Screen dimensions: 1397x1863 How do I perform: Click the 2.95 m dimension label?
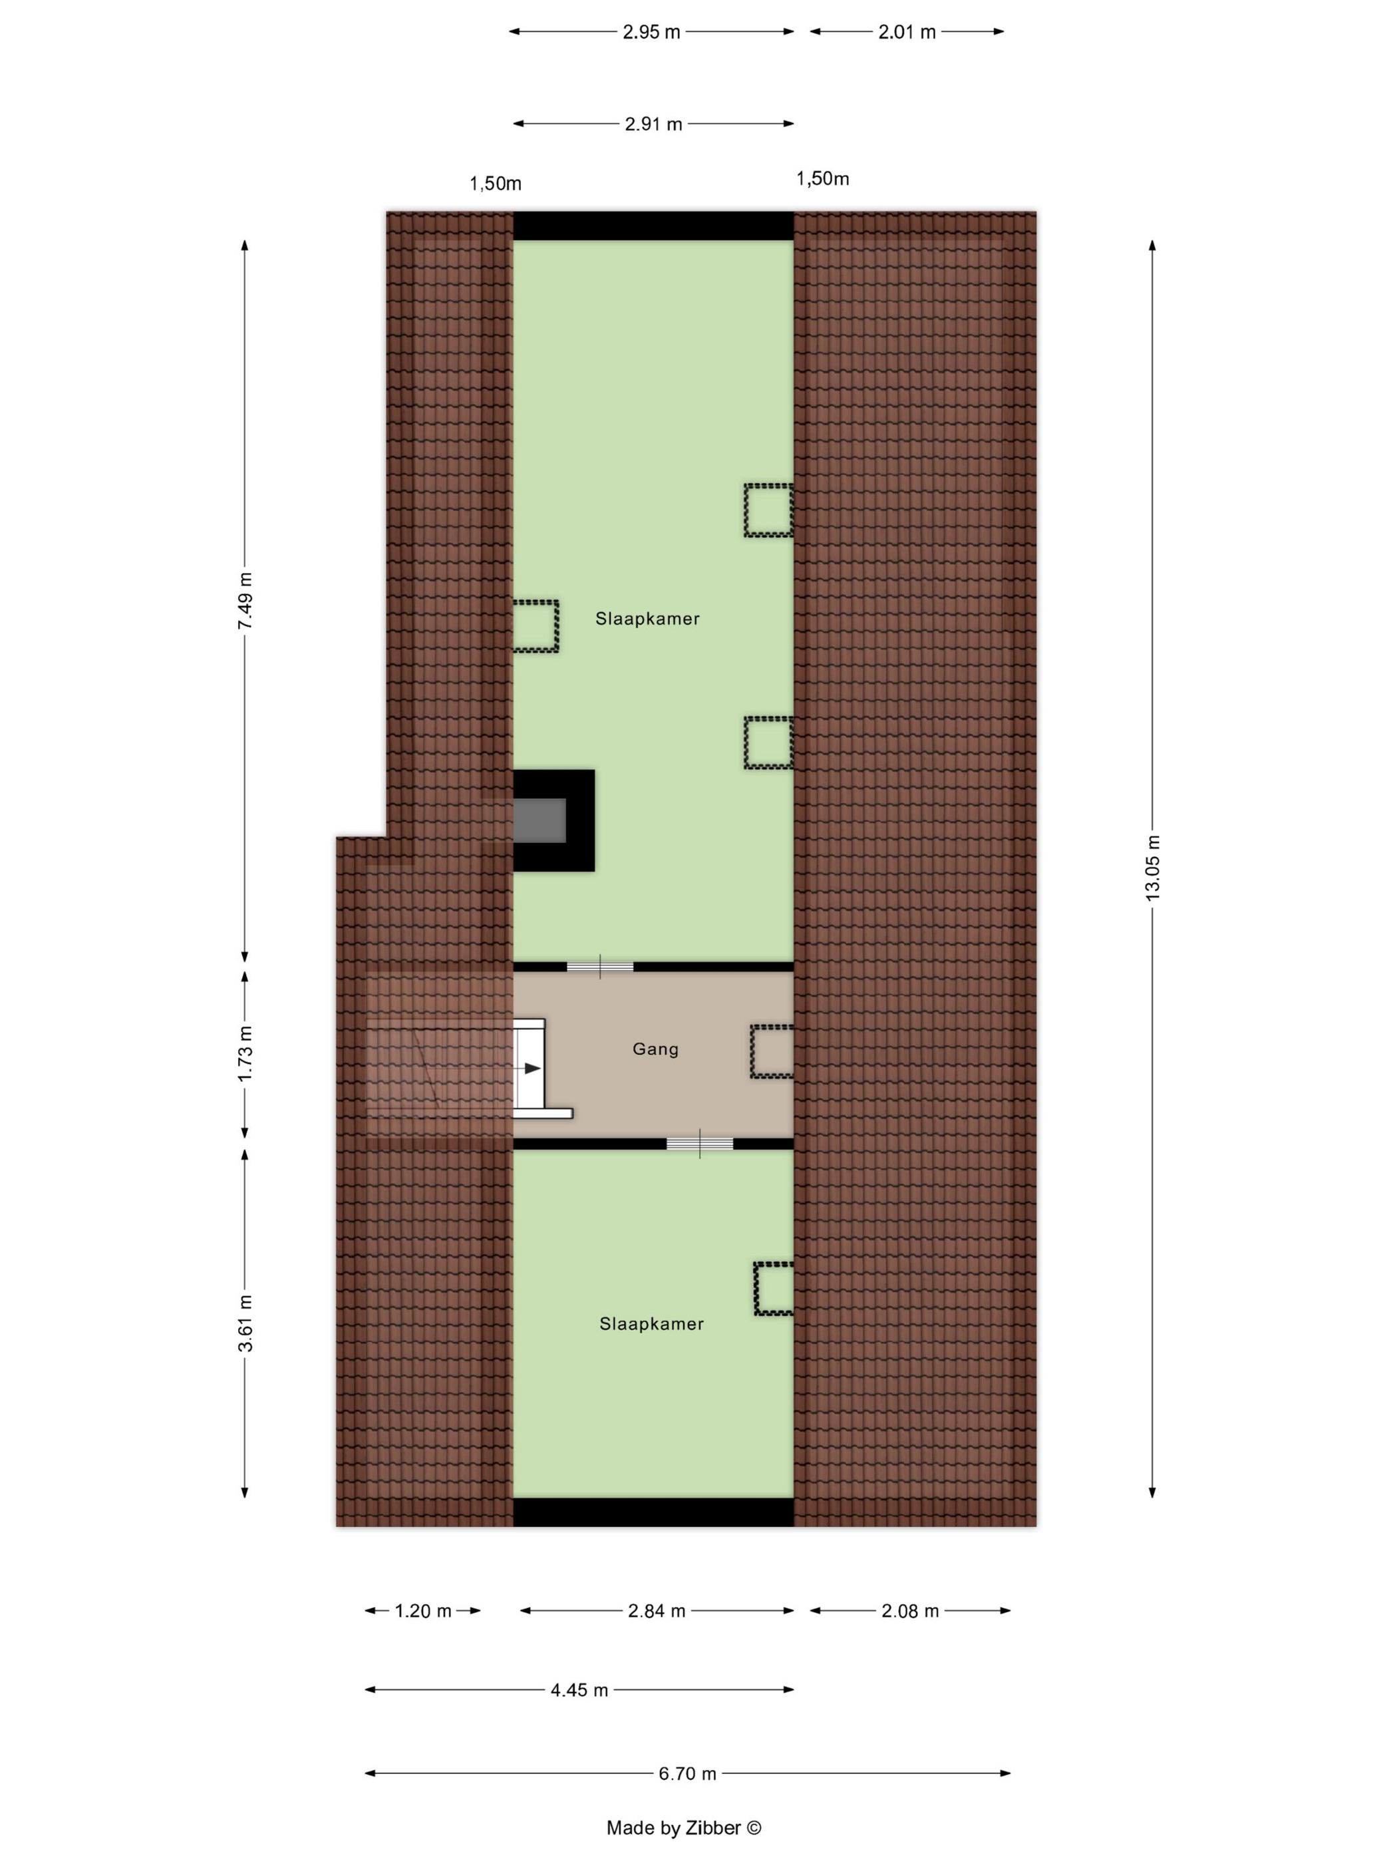coord(651,32)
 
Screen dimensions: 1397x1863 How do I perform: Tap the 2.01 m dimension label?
coord(907,32)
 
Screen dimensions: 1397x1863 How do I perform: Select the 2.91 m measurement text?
coord(653,124)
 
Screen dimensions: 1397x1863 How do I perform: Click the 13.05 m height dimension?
coord(1153,868)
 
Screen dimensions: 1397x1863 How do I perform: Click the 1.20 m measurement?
coord(422,1611)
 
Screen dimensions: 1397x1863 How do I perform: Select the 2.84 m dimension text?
coord(656,1611)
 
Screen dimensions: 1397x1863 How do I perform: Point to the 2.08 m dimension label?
coord(909,1611)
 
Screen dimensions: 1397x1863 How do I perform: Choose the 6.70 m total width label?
coord(687,1774)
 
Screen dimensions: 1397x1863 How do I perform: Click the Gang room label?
coord(655,1049)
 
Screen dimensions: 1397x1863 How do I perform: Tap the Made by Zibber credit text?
coord(684,1828)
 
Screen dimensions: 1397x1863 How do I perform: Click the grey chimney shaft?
coord(540,820)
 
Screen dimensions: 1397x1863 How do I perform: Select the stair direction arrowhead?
coord(533,1069)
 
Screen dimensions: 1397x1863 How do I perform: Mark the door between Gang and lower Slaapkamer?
coord(700,1144)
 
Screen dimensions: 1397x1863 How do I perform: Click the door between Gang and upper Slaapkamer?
coord(599,967)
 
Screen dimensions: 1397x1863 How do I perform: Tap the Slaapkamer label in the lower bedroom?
coord(651,1324)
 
